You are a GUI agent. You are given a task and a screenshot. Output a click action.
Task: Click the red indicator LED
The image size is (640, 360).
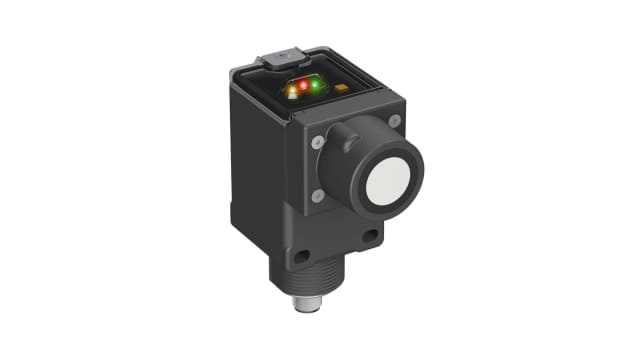click(303, 85)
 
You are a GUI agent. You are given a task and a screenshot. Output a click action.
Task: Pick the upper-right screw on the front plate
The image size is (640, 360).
click(395, 121)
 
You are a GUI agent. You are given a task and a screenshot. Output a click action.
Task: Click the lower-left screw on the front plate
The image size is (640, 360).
click(317, 196)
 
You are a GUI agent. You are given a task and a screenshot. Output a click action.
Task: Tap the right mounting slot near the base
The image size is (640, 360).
click(371, 238)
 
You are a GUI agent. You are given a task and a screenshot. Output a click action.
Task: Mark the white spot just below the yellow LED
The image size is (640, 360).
click(292, 95)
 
